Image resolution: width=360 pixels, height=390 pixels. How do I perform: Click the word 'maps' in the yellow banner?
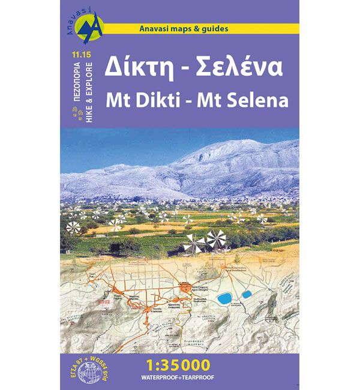[x=180, y=28]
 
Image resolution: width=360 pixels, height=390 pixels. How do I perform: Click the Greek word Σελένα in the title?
[x=247, y=69]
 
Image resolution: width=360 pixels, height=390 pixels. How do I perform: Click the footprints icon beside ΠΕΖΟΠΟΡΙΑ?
[x=72, y=115]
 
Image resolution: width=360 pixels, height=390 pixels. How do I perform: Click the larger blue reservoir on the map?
[x=225, y=298]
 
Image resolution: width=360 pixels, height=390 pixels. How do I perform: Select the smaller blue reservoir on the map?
[x=246, y=295]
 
